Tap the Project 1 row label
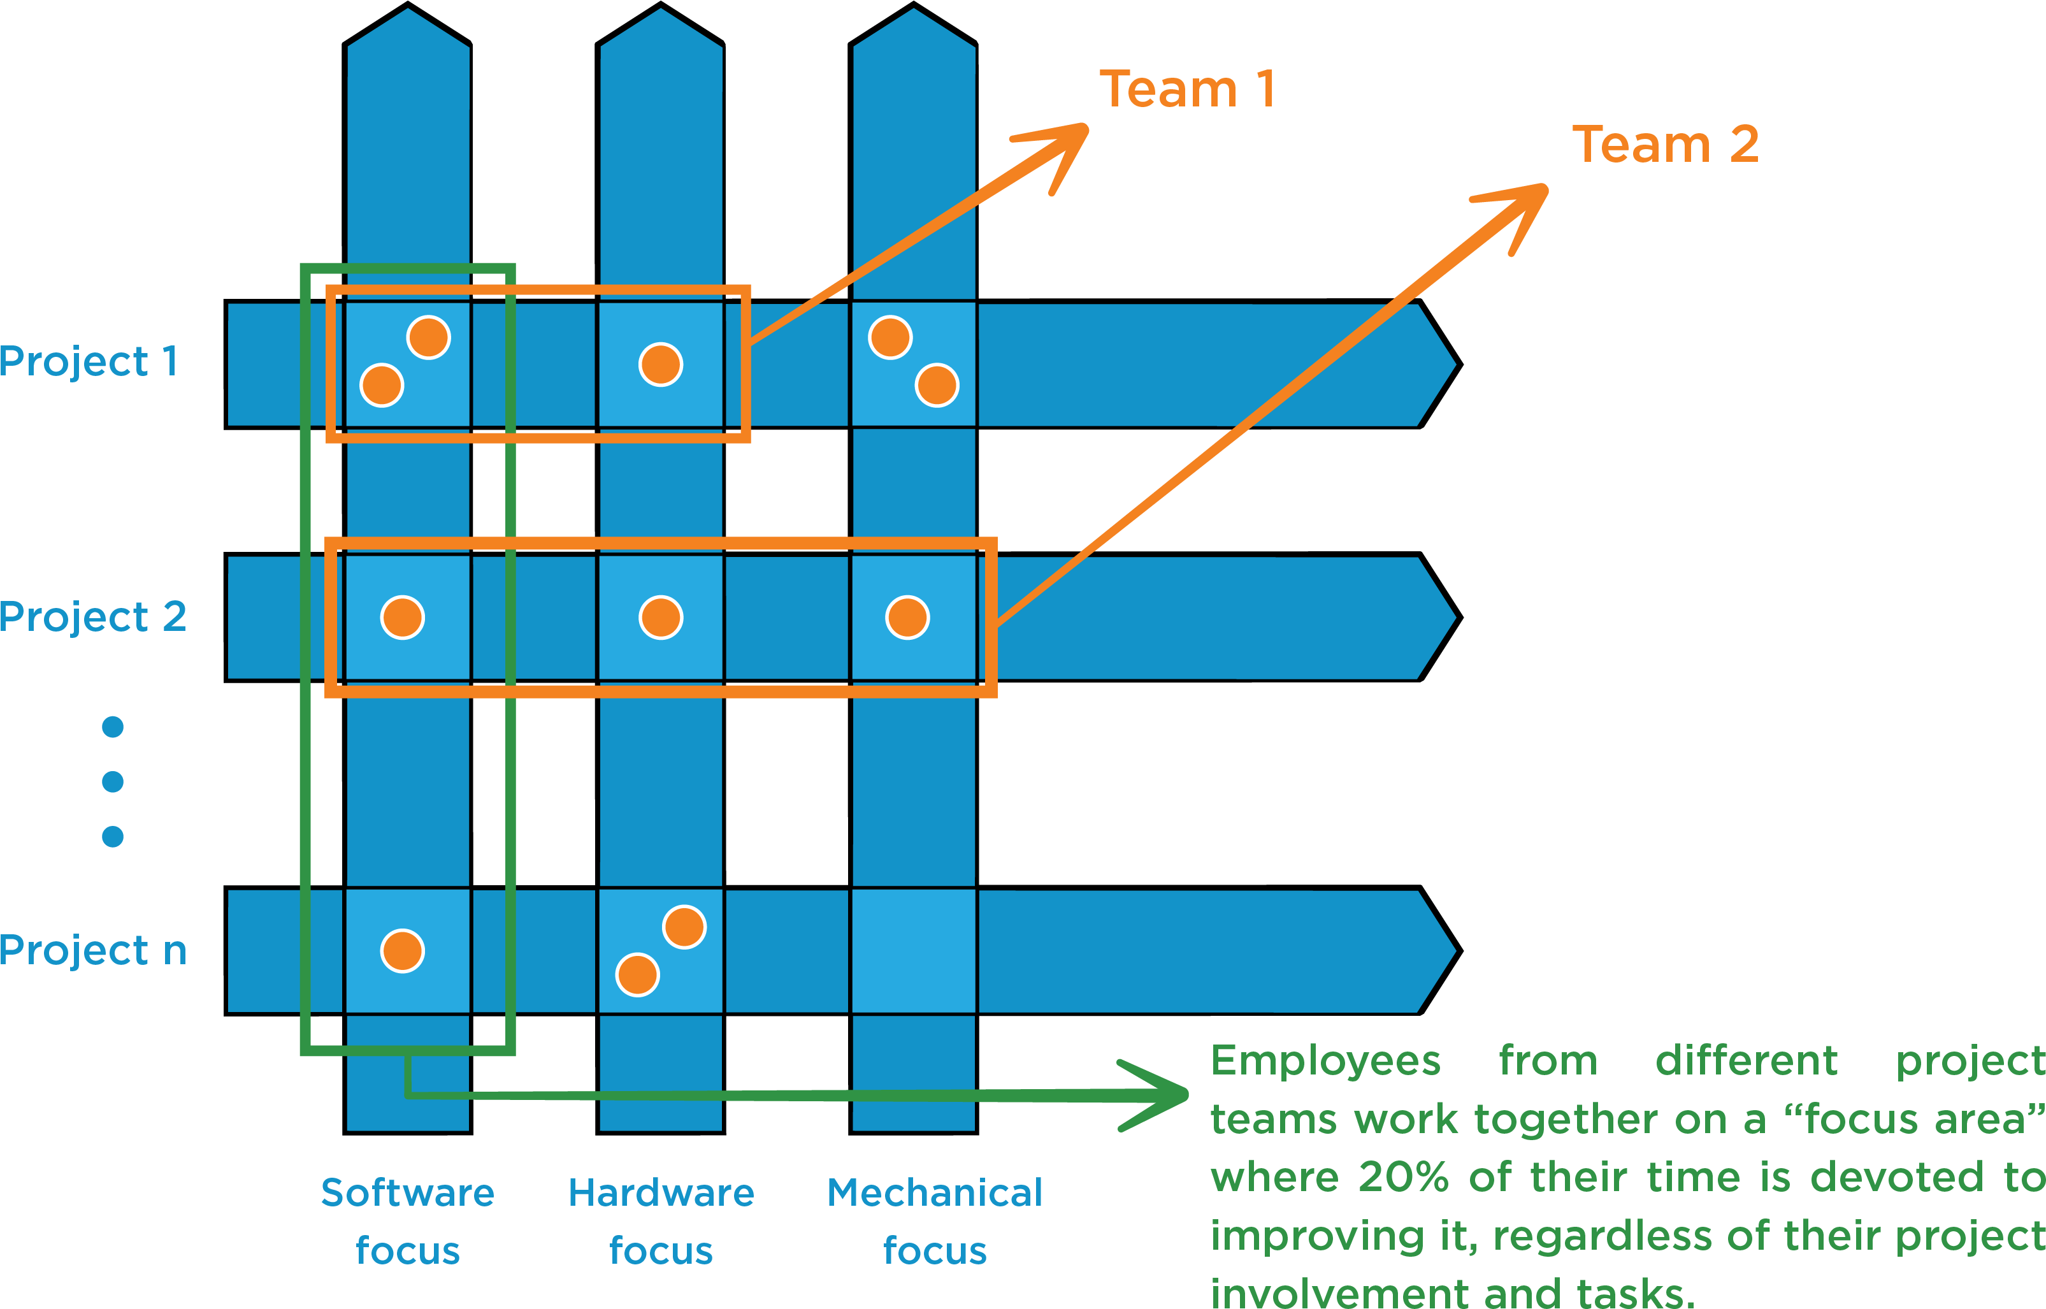point(89,361)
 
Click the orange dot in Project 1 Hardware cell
point(660,365)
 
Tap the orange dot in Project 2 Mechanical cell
point(907,617)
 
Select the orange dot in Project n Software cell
point(402,950)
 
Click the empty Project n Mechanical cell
point(913,951)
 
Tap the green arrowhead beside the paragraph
point(1164,1095)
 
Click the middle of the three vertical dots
point(113,781)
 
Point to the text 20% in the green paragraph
point(1402,1177)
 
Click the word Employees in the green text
point(1325,1061)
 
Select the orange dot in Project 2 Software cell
point(402,617)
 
